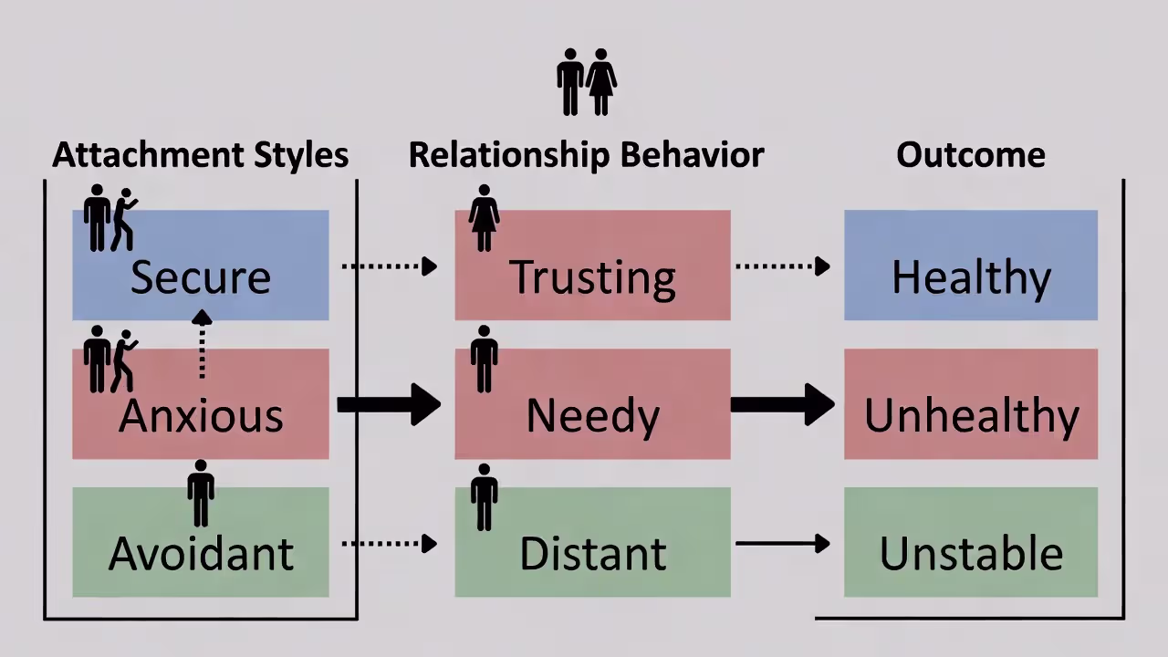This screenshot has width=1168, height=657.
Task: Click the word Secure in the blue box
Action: coord(200,276)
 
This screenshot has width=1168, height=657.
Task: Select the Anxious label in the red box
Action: coord(200,415)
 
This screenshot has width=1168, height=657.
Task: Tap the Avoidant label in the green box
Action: coord(201,554)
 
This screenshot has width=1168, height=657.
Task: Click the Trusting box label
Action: coord(592,277)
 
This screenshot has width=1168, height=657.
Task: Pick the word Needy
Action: coord(592,416)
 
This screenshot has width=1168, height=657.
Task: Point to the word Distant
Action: coord(592,554)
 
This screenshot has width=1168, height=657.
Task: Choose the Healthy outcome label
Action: coord(971,277)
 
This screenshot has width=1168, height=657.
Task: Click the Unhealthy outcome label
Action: coord(971,416)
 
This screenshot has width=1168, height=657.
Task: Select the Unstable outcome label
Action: coord(971,554)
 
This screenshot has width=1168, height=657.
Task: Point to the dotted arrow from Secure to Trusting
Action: coord(390,266)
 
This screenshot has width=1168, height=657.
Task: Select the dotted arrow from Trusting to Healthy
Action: coord(783,266)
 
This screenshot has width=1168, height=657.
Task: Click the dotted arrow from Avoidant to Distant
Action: coord(390,544)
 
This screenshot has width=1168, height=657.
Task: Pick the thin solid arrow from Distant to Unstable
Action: coord(783,544)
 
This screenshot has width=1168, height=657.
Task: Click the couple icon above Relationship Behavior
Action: coord(587,82)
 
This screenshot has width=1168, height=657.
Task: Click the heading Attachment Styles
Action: coord(200,155)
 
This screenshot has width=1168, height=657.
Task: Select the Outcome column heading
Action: coord(971,155)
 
